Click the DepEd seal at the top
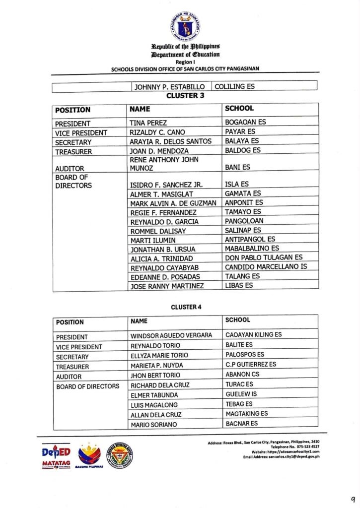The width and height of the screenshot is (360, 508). point(185,26)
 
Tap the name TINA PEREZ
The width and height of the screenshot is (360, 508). point(148,123)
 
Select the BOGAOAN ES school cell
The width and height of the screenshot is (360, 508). point(245,123)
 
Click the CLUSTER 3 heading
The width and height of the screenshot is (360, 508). point(185,96)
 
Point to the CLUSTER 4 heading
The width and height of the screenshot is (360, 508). point(186,307)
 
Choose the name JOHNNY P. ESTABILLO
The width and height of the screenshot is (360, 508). point(167,87)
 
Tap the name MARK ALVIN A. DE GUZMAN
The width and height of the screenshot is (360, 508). point(173,203)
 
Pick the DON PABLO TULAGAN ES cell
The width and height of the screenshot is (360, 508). point(263,257)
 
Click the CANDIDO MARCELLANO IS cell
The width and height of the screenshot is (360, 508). point(266,267)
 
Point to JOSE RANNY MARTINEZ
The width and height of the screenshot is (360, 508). point(166,286)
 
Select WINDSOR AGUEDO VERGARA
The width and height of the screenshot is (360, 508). point(171,335)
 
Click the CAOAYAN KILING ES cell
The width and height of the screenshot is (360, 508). point(253,335)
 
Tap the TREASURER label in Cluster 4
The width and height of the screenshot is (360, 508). point(72,367)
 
